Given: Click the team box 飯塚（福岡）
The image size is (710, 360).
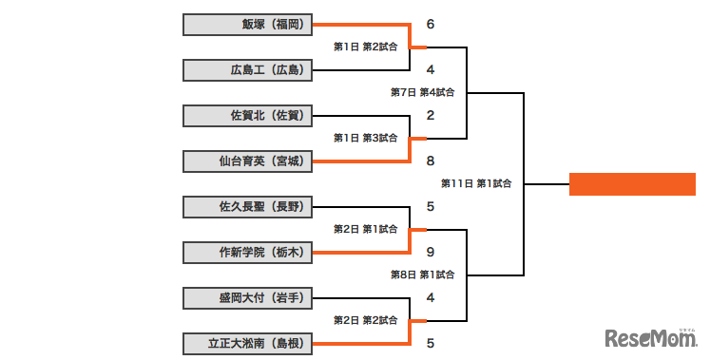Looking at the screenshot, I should click(247, 25).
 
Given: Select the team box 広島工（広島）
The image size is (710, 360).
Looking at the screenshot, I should click(247, 70).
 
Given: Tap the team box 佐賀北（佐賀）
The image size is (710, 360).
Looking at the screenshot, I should click(247, 116).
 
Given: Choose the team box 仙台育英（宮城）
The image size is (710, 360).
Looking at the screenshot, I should click(247, 161).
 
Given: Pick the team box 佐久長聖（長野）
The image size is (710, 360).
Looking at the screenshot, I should click(247, 206).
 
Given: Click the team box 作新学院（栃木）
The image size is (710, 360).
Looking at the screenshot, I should click(247, 252).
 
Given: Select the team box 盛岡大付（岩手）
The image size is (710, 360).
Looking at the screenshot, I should click(247, 297).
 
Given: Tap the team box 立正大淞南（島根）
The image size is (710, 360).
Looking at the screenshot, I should click(247, 343).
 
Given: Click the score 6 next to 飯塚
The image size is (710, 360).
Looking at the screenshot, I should click(431, 24).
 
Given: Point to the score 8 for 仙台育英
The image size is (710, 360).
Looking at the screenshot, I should click(431, 161).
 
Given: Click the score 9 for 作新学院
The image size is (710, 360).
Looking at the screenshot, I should click(431, 253).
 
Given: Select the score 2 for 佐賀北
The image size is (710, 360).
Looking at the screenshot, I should click(431, 116).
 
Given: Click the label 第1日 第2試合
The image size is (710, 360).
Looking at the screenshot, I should click(365, 47).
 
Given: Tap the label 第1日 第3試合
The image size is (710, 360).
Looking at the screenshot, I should click(365, 138).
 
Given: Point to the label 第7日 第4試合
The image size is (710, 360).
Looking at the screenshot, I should click(422, 93).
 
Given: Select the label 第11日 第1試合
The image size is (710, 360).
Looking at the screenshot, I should click(476, 183).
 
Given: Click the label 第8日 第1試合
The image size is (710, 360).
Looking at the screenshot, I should click(422, 275).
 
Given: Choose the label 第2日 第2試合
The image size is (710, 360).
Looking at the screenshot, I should click(365, 320).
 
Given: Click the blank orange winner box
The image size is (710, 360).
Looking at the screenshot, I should click(633, 184).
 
